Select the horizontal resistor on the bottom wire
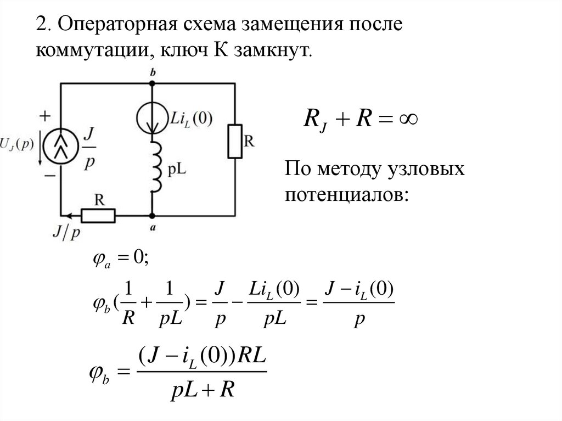click(99, 216)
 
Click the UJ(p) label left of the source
click(18, 145)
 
